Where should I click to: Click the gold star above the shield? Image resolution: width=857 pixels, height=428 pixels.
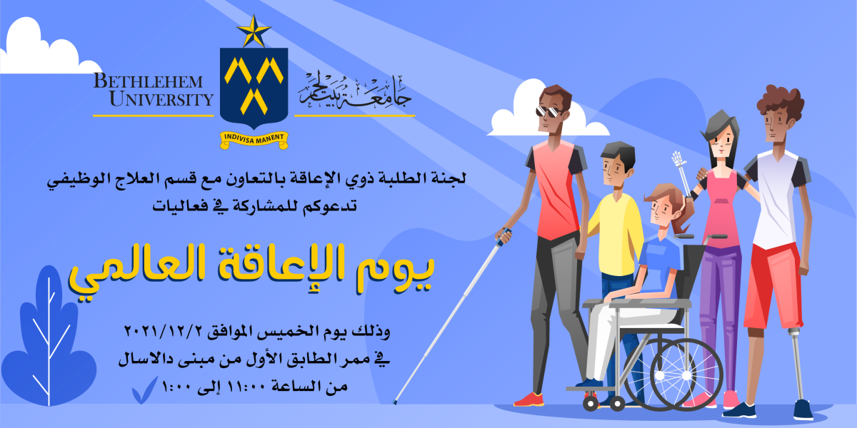(254, 31)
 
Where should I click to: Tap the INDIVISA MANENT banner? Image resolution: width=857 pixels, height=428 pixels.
(254, 140)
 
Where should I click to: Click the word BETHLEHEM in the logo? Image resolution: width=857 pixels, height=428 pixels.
(148, 81)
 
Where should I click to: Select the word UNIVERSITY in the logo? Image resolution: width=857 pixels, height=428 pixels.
(161, 98)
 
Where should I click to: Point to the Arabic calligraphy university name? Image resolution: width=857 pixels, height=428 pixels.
(355, 92)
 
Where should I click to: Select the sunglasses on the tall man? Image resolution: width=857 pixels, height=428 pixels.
(548, 112)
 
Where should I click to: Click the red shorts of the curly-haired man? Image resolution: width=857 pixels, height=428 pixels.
(773, 285)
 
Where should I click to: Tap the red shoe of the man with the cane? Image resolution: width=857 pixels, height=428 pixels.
(530, 399)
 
